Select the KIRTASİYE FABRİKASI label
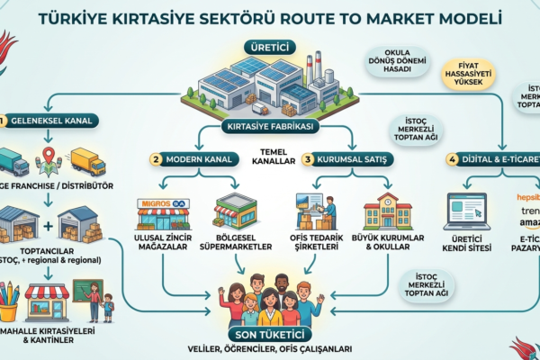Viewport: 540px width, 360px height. coord(269,127)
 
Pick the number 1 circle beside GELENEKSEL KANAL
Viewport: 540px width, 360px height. coord(4,119)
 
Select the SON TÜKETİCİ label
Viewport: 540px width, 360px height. coord(270,335)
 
